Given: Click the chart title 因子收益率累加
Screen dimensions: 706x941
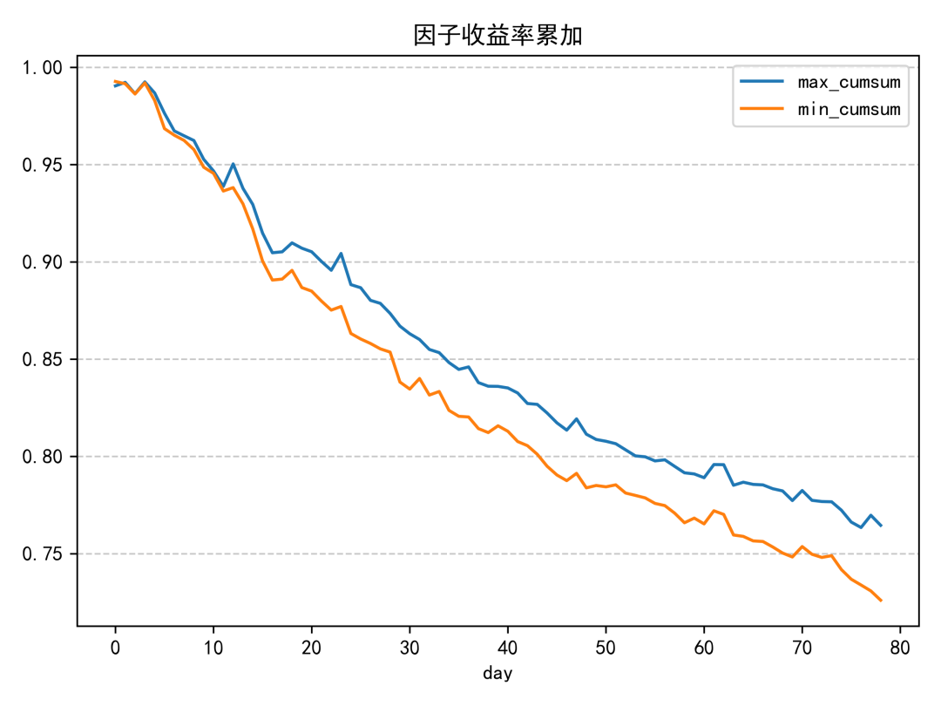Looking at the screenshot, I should pyautogui.click(x=498, y=36).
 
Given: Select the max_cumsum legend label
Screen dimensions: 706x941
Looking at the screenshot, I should pyautogui.click(x=849, y=82).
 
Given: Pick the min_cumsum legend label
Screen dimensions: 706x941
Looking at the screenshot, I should pyautogui.click(x=849, y=110).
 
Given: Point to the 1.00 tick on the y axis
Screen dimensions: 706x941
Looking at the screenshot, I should pyautogui.click(x=48, y=68).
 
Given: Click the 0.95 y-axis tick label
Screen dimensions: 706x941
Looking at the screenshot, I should pyautogui.click(x=48, y=166).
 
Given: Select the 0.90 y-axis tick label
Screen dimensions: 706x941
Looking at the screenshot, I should pyautogui.click(x=48, y=262).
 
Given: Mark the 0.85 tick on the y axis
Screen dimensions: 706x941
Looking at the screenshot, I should pyautogui.click(x=48, y=360).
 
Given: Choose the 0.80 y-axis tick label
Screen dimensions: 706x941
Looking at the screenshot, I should pyautogui.click(x=48, y=457).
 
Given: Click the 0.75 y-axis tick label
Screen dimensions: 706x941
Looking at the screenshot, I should pyautogui.click(x=48, y=554).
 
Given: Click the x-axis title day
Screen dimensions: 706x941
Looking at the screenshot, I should pyautogui.click(x=498, y=674).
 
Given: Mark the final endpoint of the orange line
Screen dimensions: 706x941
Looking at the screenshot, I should pyautogui.click(x=881, y=601).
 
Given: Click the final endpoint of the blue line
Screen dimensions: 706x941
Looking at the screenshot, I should pyautogui.click(x=881, y=526).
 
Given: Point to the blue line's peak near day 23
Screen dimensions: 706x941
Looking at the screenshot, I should pyautogui.click(x=341, y=253).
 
